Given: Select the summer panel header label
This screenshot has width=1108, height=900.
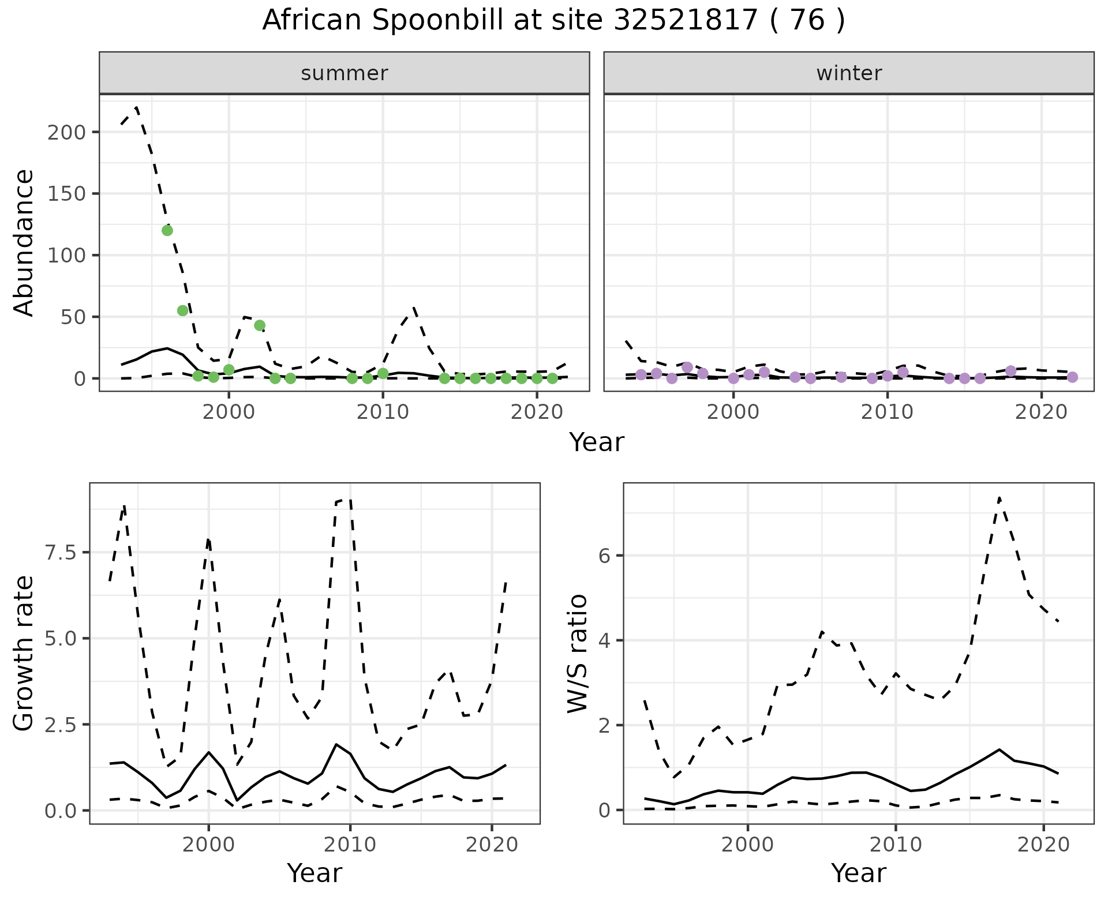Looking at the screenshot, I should point(344,73).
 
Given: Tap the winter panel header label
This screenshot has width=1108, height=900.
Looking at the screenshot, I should point(848,73).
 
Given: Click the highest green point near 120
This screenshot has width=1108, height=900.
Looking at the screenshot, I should point(167,231).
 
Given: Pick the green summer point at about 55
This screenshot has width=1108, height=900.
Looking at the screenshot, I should point(182,311).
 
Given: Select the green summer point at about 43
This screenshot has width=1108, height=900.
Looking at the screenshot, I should point(260,325).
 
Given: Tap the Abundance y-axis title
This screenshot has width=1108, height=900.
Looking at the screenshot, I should point(24,243).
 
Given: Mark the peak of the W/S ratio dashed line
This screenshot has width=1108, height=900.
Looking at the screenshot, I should point(999,497).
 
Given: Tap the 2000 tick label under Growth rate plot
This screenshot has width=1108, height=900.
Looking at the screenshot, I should point(208,845).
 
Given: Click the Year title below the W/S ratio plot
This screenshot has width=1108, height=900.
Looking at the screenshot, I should point(858,873).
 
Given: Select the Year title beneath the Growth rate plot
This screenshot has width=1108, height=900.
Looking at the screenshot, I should point(315,873).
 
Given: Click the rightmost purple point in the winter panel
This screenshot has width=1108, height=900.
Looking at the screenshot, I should point(1072,377).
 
